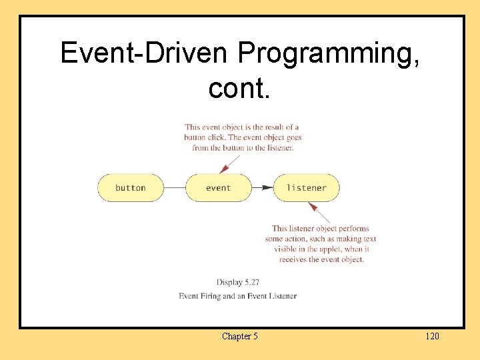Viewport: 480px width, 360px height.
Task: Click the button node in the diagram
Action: click(131, 188)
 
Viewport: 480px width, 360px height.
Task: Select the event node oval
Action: click(218, 188)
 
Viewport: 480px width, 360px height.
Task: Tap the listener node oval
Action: click(306, 188)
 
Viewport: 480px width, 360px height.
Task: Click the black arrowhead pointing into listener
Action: click(267, 188)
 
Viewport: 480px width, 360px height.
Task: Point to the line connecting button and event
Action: click(175, 188)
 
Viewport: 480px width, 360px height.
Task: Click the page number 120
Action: click(432, 336)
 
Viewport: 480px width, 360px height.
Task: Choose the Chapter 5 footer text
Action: click(239, 336)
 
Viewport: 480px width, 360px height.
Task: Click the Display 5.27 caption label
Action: click(237, 282)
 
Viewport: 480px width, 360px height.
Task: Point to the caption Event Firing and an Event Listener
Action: click(237, 296)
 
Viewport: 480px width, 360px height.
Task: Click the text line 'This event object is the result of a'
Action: click(242, 127)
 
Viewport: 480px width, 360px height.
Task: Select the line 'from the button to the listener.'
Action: click(243, 147)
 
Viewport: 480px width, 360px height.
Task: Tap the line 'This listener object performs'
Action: click(320, 229)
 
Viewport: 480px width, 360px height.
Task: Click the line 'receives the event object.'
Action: click(321, 259)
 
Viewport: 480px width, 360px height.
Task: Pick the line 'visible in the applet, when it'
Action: click(321, 249)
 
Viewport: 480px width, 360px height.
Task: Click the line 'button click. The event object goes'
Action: click(243, 137)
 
